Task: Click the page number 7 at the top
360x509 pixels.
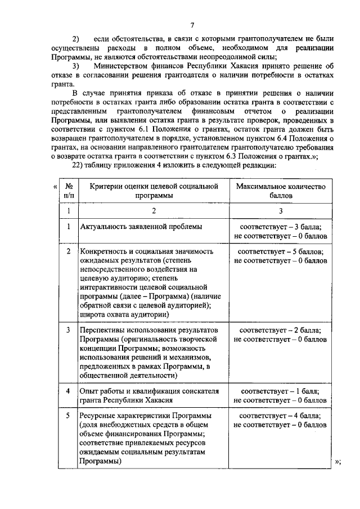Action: coord(192,25)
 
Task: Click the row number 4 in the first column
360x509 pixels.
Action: coord(68,391)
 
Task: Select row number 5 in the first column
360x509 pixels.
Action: coord(68,416)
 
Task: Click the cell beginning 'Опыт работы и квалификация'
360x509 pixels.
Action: coord(149,395)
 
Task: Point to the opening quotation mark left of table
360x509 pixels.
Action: coord(55,186)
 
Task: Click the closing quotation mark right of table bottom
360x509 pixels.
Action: coord(337,462)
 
